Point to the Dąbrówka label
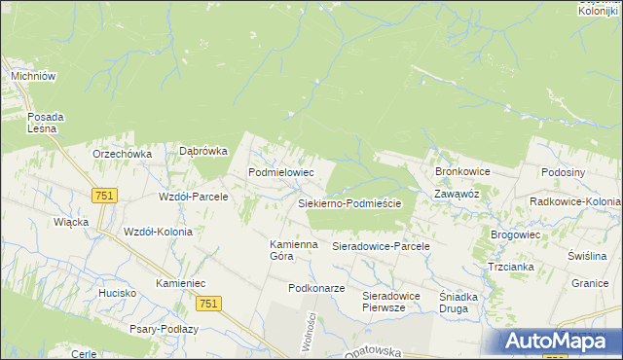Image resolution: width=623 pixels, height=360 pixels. [203, 151]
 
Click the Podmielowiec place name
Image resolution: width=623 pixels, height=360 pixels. [281, 171]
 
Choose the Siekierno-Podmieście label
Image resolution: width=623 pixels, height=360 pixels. [356, 203]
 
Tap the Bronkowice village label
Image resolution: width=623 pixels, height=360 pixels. [462, 171]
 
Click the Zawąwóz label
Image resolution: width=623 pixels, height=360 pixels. [457, 194]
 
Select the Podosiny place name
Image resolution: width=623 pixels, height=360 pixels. [564, 171]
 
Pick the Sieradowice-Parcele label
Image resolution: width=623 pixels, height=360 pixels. [382, 247]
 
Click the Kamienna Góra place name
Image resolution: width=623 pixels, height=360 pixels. [294, 250]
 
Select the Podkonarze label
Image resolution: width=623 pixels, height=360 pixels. [316, 288]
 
